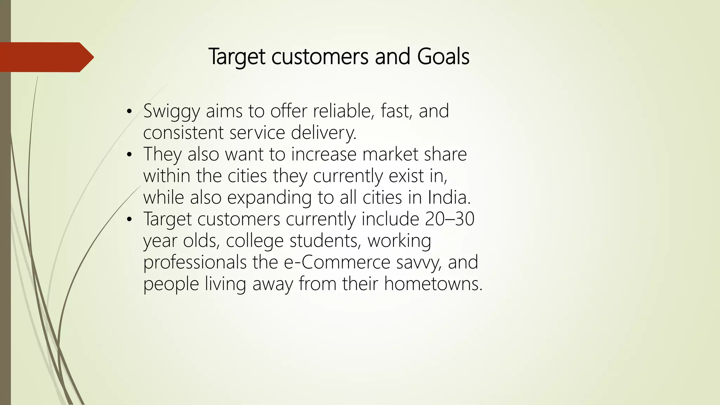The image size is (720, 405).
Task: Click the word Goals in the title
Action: pos(443,57)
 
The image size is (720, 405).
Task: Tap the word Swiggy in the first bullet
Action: pos(172,112)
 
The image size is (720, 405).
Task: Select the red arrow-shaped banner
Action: pos(46,57)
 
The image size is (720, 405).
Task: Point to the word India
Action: pos(449,197)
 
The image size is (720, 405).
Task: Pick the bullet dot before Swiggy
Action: pos(129,112)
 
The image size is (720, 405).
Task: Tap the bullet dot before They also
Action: pos(129,155)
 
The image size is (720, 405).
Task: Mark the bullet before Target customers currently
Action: pos(129,220)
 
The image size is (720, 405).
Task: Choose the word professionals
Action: pos(195,263)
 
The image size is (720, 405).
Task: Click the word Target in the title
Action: pos(237,57)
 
